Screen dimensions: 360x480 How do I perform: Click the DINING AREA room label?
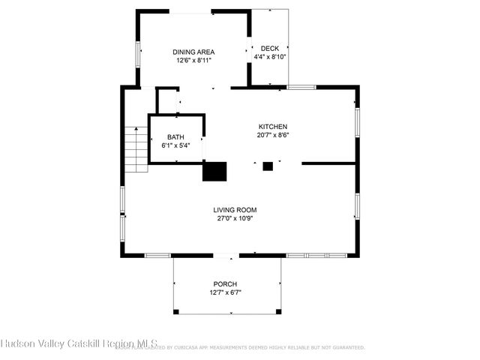[x=193, y=52]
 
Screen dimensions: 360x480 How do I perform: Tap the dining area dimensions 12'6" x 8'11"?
[x=193, y=60]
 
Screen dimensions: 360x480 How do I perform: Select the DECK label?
[x=270, y=48]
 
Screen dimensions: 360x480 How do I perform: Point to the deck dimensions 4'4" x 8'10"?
[x=270, y=56]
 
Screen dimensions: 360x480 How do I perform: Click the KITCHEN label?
[x=273, y=127]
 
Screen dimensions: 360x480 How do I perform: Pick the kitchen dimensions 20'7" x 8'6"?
[x=273, y=136]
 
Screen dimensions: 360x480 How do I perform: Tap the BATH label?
[x=175, y=136]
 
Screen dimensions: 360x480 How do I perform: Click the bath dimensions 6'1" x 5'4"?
[x=175, y=145]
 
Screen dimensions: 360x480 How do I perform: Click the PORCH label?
[x=225, y=283]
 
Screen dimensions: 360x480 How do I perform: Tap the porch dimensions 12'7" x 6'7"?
[x=225, y=292]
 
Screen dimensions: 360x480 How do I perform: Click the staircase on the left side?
[x=136, y=148]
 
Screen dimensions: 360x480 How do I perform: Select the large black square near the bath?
[x=215, y=171]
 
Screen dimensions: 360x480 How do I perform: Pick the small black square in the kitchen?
[x=268, y=166]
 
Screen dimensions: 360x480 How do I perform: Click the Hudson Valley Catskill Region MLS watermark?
[x=79, y=343]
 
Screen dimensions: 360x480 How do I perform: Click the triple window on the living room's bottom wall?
[x=316, y=256]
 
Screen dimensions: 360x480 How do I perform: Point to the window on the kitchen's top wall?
[x=301, y=88]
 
